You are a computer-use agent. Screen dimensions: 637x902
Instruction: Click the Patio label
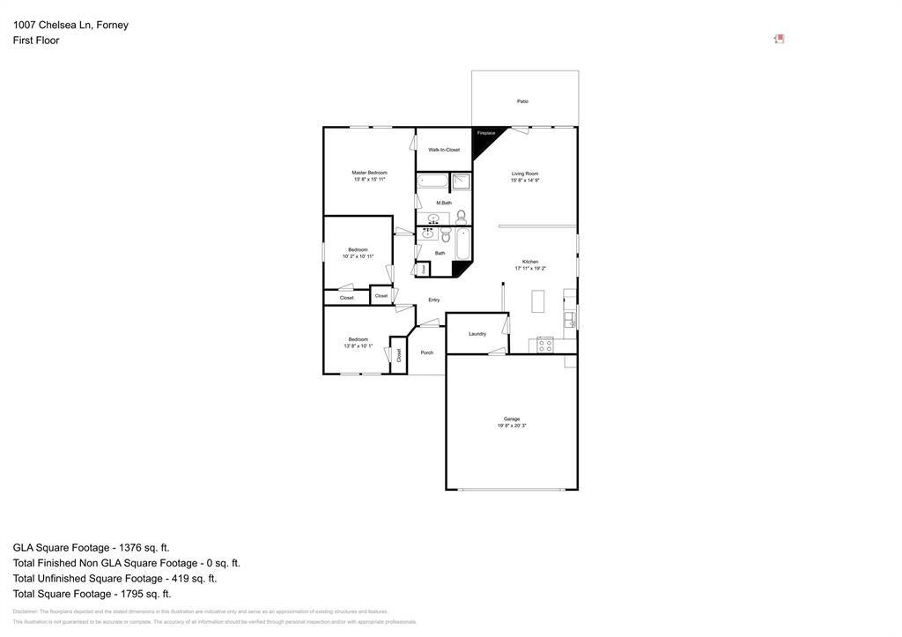[522, 101]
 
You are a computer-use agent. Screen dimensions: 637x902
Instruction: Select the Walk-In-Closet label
[444, 150]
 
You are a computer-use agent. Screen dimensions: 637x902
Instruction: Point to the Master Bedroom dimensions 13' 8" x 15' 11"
[369, 180]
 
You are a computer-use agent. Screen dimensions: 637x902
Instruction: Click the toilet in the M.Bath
[461, 217]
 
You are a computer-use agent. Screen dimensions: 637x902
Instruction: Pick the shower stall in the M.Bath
[462, 181]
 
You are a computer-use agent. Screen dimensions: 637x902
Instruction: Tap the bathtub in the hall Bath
[463, 244]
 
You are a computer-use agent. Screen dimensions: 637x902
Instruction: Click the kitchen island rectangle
[537, 301]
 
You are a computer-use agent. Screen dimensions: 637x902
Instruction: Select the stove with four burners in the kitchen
[544, 344]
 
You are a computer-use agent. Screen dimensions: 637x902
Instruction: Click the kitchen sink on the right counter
[569, 319]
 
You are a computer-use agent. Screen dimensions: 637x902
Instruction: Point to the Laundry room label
[477, 334]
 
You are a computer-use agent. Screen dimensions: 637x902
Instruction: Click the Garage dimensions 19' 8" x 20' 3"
[512, 426]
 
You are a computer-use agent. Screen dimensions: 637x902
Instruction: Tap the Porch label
[427, 352]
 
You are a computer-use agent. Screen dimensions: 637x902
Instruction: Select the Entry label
[434, 300]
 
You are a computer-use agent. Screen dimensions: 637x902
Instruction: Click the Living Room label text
[525, 174]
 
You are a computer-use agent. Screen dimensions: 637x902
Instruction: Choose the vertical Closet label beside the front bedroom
[399, 355]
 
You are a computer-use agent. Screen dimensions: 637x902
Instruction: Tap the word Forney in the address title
[112, 25]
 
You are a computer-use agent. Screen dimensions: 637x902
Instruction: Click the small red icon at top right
[779, 39]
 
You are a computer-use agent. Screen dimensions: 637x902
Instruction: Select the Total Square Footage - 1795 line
[92, 594]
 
